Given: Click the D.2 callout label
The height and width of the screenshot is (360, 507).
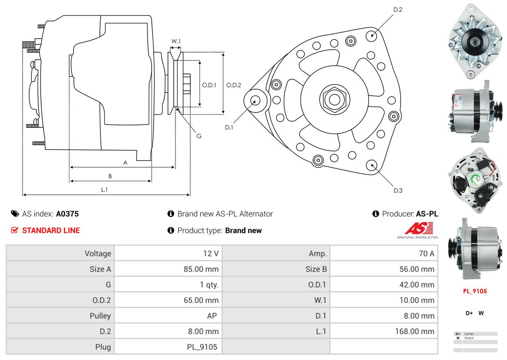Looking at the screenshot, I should (x=397, y=9).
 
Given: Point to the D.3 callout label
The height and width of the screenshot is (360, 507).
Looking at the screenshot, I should (x=398, y=190).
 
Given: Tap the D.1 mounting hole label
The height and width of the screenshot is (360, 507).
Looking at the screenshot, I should (x=229, y=127).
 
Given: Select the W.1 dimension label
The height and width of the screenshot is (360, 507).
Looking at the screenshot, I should (x=176, y=41).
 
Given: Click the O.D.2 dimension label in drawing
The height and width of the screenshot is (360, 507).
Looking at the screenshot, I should (x=233, y=85).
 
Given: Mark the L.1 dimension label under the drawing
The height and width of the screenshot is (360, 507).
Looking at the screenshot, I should (x=104, y=189).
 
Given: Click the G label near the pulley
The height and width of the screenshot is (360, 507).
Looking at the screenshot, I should (x=198, y=136).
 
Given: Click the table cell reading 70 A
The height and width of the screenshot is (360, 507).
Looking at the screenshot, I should (x=426, y=254).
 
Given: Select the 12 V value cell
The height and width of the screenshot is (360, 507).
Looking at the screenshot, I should (x=211, y=254).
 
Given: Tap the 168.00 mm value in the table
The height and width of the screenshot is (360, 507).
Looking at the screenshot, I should (x=417, y=331).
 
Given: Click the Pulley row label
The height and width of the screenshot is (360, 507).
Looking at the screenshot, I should (x=100, y=316).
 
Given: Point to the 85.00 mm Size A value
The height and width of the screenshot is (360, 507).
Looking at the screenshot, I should (x=201, y=269).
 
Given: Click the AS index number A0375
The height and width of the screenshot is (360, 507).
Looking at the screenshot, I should (x=67, y=214).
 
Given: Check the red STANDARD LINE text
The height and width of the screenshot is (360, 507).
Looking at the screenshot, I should (x=51, y=231).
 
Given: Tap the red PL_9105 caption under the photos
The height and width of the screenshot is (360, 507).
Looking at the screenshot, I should (x=475, y=291).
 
